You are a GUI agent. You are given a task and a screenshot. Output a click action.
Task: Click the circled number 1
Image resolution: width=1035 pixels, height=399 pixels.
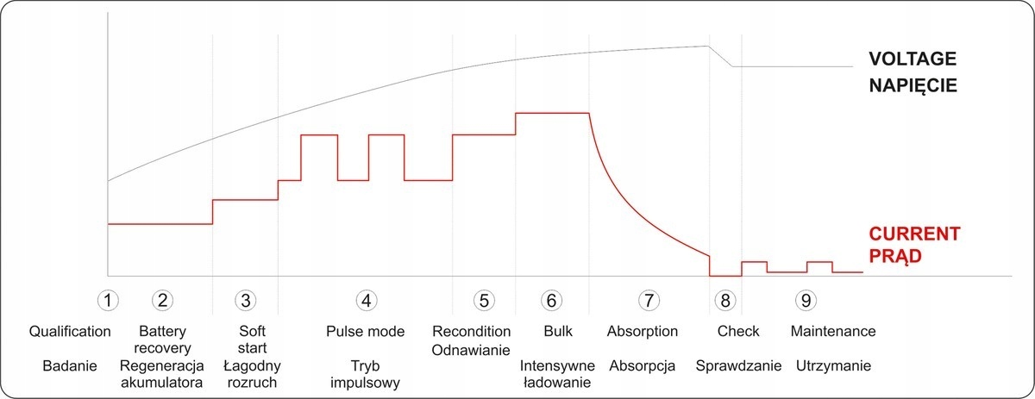[x=107, y=300]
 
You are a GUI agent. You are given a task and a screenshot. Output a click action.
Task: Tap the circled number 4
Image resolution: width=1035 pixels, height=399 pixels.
[x=367, y=300]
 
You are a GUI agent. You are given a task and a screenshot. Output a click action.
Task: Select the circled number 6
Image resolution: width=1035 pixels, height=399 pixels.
[x=552, y=300]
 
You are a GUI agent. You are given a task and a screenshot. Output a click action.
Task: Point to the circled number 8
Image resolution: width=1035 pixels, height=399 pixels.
[x=726, y=300]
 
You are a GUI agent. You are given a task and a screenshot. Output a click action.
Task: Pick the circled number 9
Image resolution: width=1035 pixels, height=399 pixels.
[x=806, y=300]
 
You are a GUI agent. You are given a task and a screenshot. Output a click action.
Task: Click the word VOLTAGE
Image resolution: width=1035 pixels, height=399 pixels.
[x=913, y=60]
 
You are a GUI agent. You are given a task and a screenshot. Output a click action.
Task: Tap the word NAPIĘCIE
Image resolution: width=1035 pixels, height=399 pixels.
[x=913, y=86]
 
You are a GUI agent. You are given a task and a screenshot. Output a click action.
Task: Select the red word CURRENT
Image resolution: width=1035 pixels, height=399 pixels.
[x=914, y=234]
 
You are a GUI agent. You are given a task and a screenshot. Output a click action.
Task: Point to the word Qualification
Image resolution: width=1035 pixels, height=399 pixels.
[x=70, y=331]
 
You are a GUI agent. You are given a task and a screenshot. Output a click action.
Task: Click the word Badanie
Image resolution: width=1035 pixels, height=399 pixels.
[x=69, y=365]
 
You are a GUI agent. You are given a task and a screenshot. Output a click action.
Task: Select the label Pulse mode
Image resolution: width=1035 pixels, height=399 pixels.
[x=367, y=331]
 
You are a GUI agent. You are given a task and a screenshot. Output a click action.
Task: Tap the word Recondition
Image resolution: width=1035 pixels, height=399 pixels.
[x=484, y=331]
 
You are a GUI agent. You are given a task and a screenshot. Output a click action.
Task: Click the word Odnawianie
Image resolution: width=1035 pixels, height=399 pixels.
[x=484, y=348]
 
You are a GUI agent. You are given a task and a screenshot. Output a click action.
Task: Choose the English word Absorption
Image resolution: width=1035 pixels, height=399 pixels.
[x=643, y=331]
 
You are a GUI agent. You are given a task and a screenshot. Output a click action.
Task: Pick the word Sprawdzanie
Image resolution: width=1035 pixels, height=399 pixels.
[x=739, y=365]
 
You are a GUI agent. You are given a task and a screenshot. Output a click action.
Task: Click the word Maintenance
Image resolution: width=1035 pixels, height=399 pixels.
[x=833, y=331]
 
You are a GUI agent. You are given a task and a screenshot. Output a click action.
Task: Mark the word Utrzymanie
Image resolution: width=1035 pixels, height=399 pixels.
[x=832, y=365]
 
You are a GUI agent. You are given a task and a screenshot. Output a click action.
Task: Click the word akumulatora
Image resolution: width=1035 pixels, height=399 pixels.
[x=162, y=382]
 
